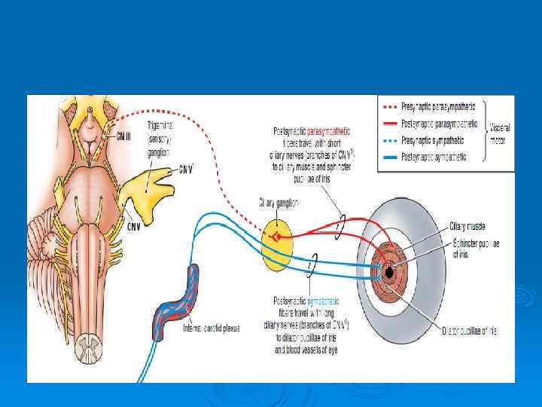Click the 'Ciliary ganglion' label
pos(280,203)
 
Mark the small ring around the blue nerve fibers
pos(313,262)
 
